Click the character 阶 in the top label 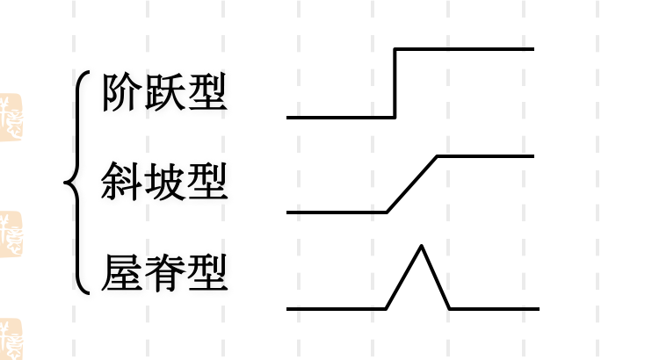point(120,92)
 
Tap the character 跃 point(164,92)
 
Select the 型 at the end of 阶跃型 point(207,92)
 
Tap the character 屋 point(120,273)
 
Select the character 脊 point(164,273)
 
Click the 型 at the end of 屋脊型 point(207,273)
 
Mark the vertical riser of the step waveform point(395,83)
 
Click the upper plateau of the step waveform point(466,49)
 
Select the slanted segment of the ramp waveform point(412,184)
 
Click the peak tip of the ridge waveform point(423,247)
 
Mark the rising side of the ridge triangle point(405,277)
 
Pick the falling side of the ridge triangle point(437,277)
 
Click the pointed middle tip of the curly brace point(66,184)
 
